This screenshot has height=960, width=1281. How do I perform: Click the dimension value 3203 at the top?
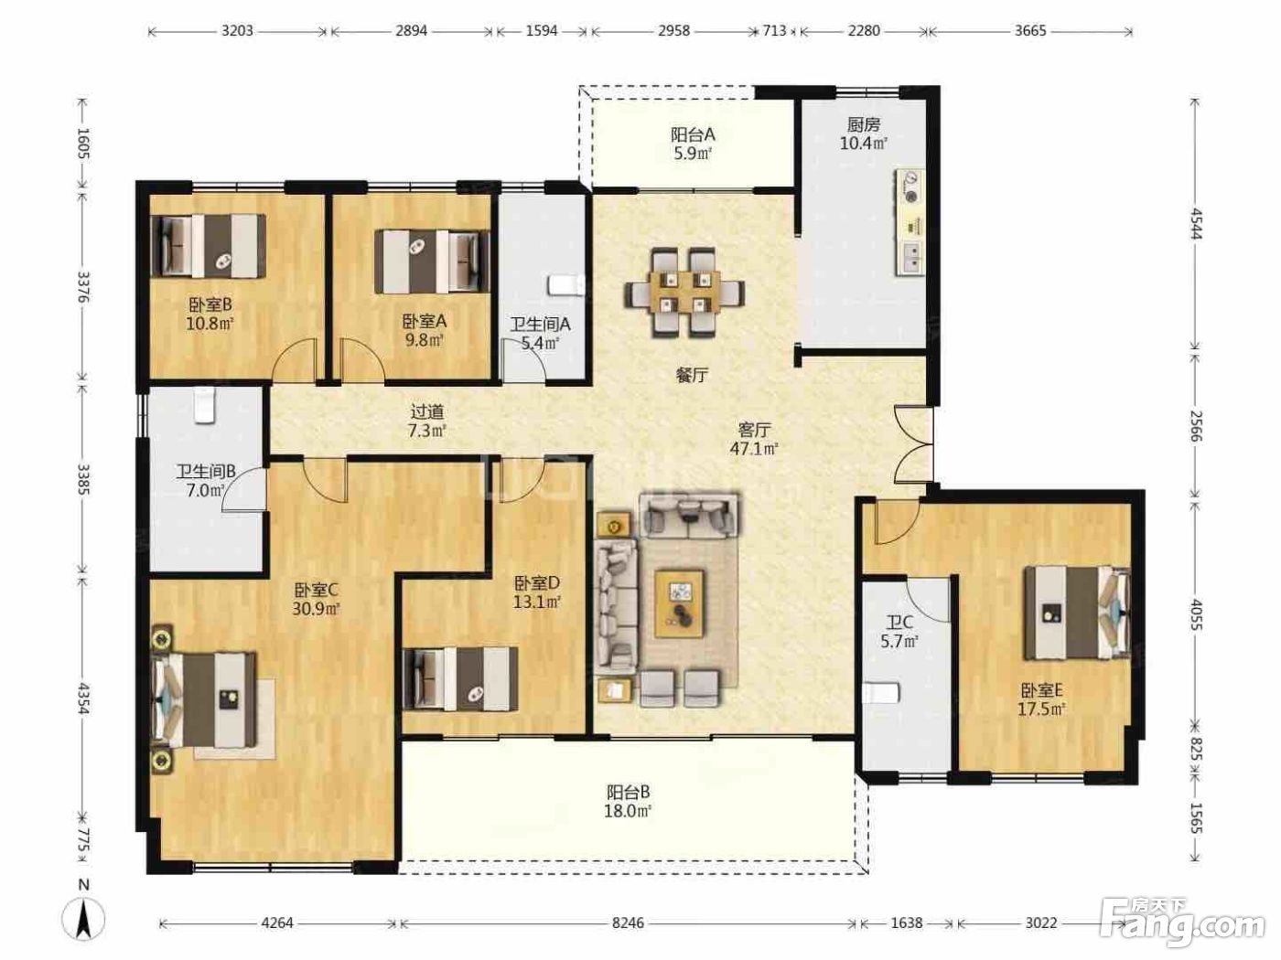(237, 30)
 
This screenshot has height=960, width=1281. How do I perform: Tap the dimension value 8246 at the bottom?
(628, 923)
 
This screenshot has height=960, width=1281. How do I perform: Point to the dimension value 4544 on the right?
(1196, 223)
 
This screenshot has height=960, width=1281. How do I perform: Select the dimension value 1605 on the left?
(83, 143)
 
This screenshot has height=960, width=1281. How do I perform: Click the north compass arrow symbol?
(84, 919)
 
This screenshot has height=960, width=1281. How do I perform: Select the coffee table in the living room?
(679, 603)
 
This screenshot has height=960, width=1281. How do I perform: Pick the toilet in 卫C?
(880, 693)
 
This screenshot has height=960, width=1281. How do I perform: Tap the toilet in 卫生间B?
(204, 405)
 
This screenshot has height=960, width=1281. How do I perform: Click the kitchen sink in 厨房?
(910, 257)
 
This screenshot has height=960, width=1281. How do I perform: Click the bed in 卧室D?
(460, 678)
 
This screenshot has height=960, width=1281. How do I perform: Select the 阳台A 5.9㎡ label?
(692, 144)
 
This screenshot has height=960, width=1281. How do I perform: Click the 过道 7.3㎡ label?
(427, 421)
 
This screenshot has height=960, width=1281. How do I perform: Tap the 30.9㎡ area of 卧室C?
(317, 609)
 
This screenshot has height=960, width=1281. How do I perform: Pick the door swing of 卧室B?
(296, 361)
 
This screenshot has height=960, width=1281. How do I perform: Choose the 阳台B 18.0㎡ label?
(628, 802)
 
